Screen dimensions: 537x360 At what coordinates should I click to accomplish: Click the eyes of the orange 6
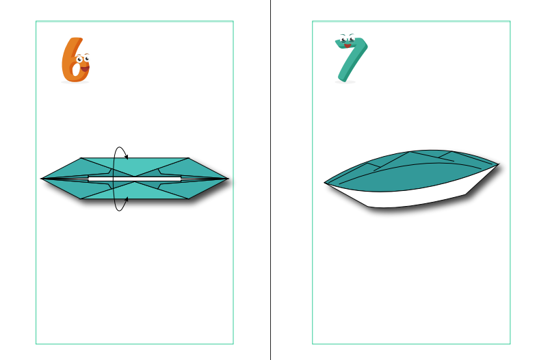coord(83,58)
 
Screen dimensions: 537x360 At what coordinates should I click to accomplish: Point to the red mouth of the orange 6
coord(85,69)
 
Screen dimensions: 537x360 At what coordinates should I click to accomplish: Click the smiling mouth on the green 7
coord(348,46)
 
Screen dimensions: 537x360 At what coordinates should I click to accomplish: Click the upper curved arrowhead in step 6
coord(126,157)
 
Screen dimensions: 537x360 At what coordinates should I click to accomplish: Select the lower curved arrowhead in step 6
coord(126,199)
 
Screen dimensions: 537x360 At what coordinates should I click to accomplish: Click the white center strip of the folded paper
coord(135,179)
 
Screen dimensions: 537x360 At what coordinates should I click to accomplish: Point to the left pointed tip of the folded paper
coord(41,179)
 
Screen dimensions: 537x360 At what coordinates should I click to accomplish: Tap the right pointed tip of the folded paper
coord(228,179)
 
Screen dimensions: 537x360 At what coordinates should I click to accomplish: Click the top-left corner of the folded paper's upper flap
coord(81,158)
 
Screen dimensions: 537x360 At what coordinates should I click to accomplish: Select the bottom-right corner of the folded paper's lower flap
coord(188,198)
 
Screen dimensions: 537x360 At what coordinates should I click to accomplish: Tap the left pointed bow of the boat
coord(325,183)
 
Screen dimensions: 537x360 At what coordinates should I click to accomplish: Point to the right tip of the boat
coord(499,164)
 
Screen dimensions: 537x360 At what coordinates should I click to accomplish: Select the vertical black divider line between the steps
coord(271,180)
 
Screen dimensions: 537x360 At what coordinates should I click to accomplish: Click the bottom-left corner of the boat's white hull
coord(368,207)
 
